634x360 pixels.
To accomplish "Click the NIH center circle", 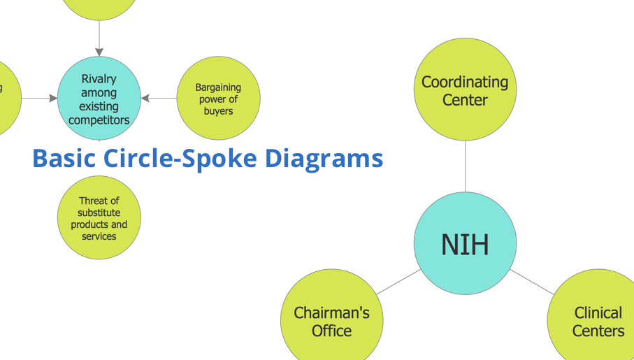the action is tap(465, 243).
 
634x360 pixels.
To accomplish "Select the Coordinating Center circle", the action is tap(465, 89).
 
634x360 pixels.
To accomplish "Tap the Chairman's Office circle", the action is tap(332, 320).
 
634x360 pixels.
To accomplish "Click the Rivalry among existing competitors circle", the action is tap(99, 99).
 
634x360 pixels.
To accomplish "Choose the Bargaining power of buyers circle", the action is tap(218, 99).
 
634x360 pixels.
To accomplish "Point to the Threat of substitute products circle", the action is tap(99, 217).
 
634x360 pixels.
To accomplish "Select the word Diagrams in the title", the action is tap(324, 159).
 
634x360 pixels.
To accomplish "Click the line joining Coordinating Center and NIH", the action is tap(465, 166).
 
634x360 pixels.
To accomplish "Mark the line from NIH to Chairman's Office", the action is tap(398, 282).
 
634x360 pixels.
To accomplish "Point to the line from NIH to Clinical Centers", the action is tap(532, 282).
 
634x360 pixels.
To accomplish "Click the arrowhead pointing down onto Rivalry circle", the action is tap(99, 52).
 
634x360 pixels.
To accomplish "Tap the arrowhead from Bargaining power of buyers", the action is tap(145, 99).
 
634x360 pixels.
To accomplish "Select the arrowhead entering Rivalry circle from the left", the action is tap(53, 99).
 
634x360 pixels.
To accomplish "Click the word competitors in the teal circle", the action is tap(99, 120).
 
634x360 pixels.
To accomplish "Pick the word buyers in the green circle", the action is tap(218, 111).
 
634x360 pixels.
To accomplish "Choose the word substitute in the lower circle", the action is tap(99, 213).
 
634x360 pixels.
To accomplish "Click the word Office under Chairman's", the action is tap(331, 331).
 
